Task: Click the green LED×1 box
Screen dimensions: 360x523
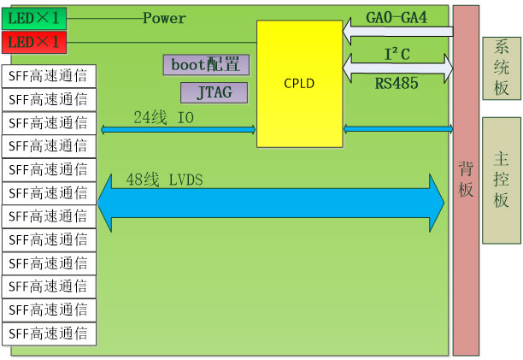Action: point(34,18)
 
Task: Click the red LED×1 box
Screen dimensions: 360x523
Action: point(34,41)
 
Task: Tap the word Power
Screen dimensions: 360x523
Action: point(164,18)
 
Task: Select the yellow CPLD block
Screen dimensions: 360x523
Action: point(299,84)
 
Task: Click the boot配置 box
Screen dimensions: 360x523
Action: point(206,64)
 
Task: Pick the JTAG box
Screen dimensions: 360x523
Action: point(214,91)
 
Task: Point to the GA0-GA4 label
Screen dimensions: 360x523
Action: point(396,16)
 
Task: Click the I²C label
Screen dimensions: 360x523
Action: point(397,54)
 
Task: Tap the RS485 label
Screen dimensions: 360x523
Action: point(396,83)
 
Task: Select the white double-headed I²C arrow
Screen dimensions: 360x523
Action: point(398,64)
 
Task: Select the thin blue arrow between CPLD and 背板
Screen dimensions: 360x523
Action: point(398,129)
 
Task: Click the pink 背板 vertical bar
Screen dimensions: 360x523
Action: point(466,180)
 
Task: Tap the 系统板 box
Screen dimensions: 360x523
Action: point(502,68)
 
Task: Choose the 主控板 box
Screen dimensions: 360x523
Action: point(502,180)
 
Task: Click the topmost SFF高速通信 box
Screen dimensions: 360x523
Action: point(50,75)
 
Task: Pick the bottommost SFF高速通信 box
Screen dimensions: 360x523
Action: point(50,333)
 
